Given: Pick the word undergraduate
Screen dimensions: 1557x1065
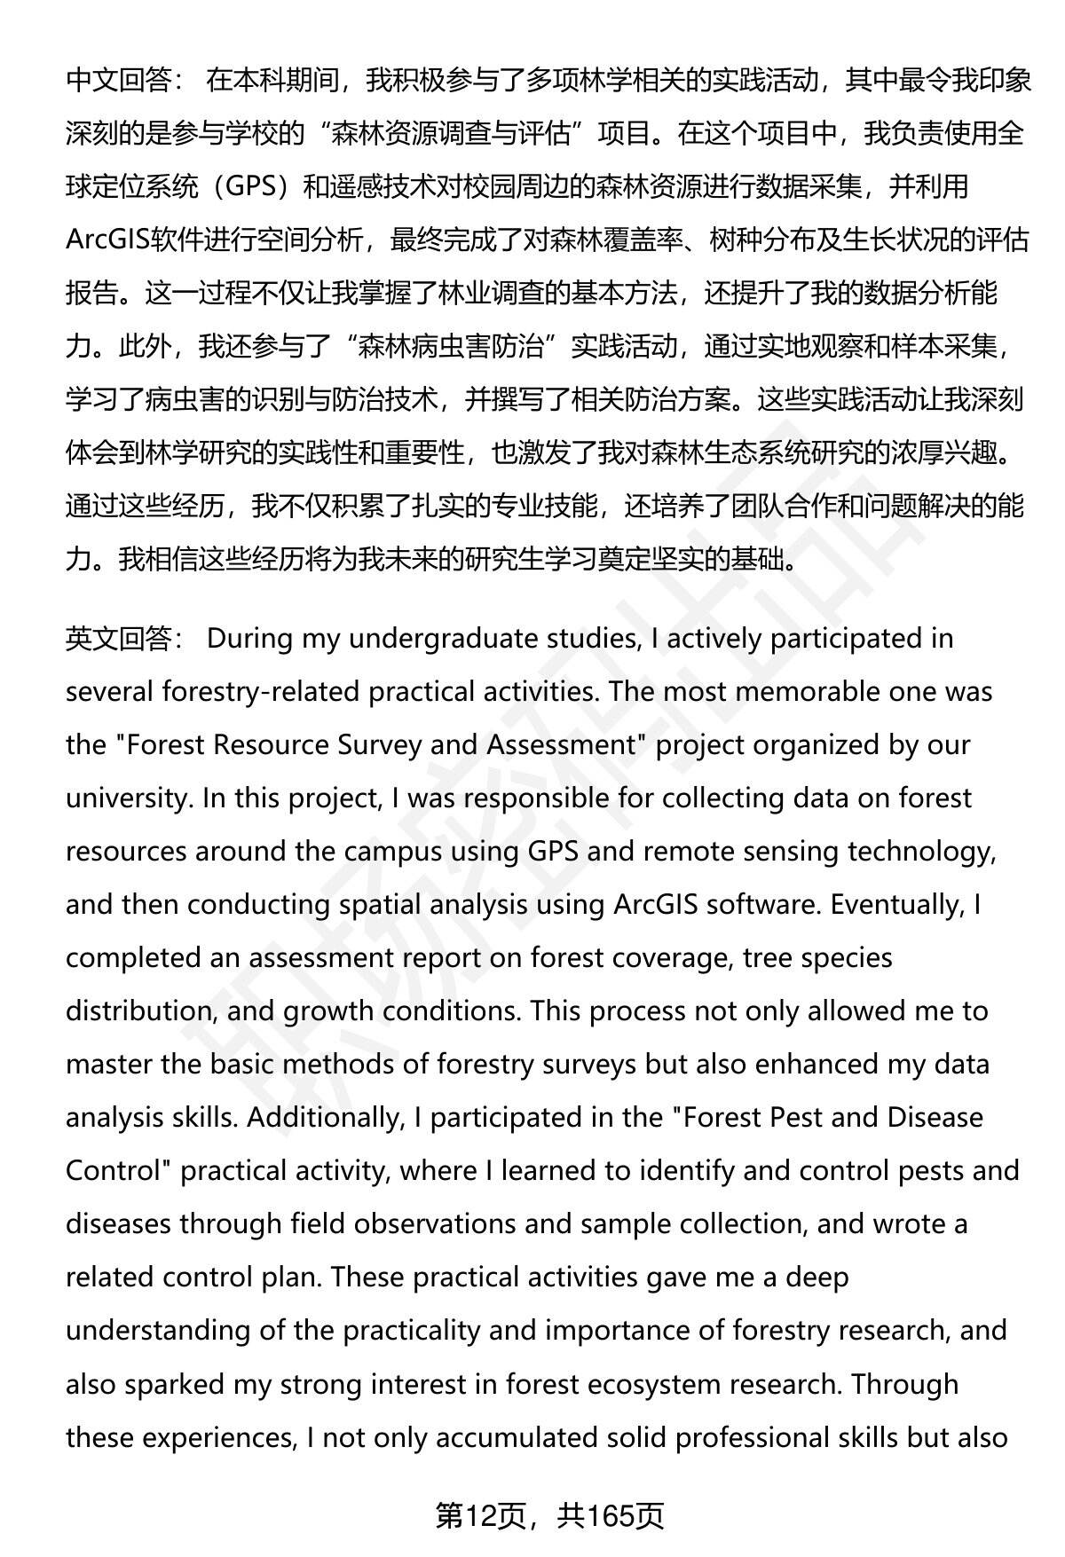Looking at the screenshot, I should [435, 639].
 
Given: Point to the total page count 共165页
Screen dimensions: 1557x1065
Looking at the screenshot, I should [611, 1516].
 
